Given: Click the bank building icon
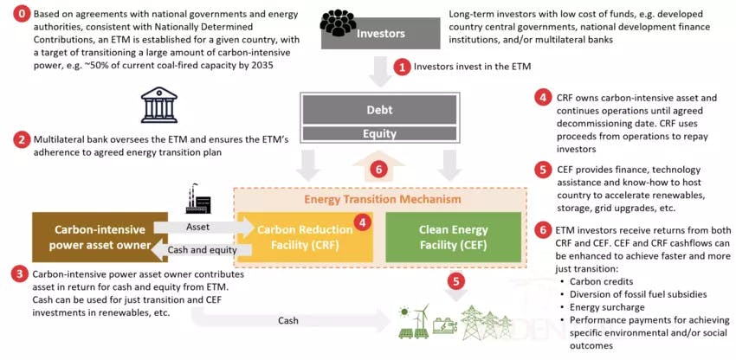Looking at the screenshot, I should (x=157, y=106).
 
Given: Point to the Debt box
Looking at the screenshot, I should (x=378, y=110).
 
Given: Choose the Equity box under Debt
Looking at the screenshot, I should (x=378, y=133).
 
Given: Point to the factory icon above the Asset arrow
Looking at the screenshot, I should (x=198, y=201).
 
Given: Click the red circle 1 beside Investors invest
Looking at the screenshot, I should (x=401, y=66).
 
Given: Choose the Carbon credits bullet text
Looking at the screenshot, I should (x=592, y=281).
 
